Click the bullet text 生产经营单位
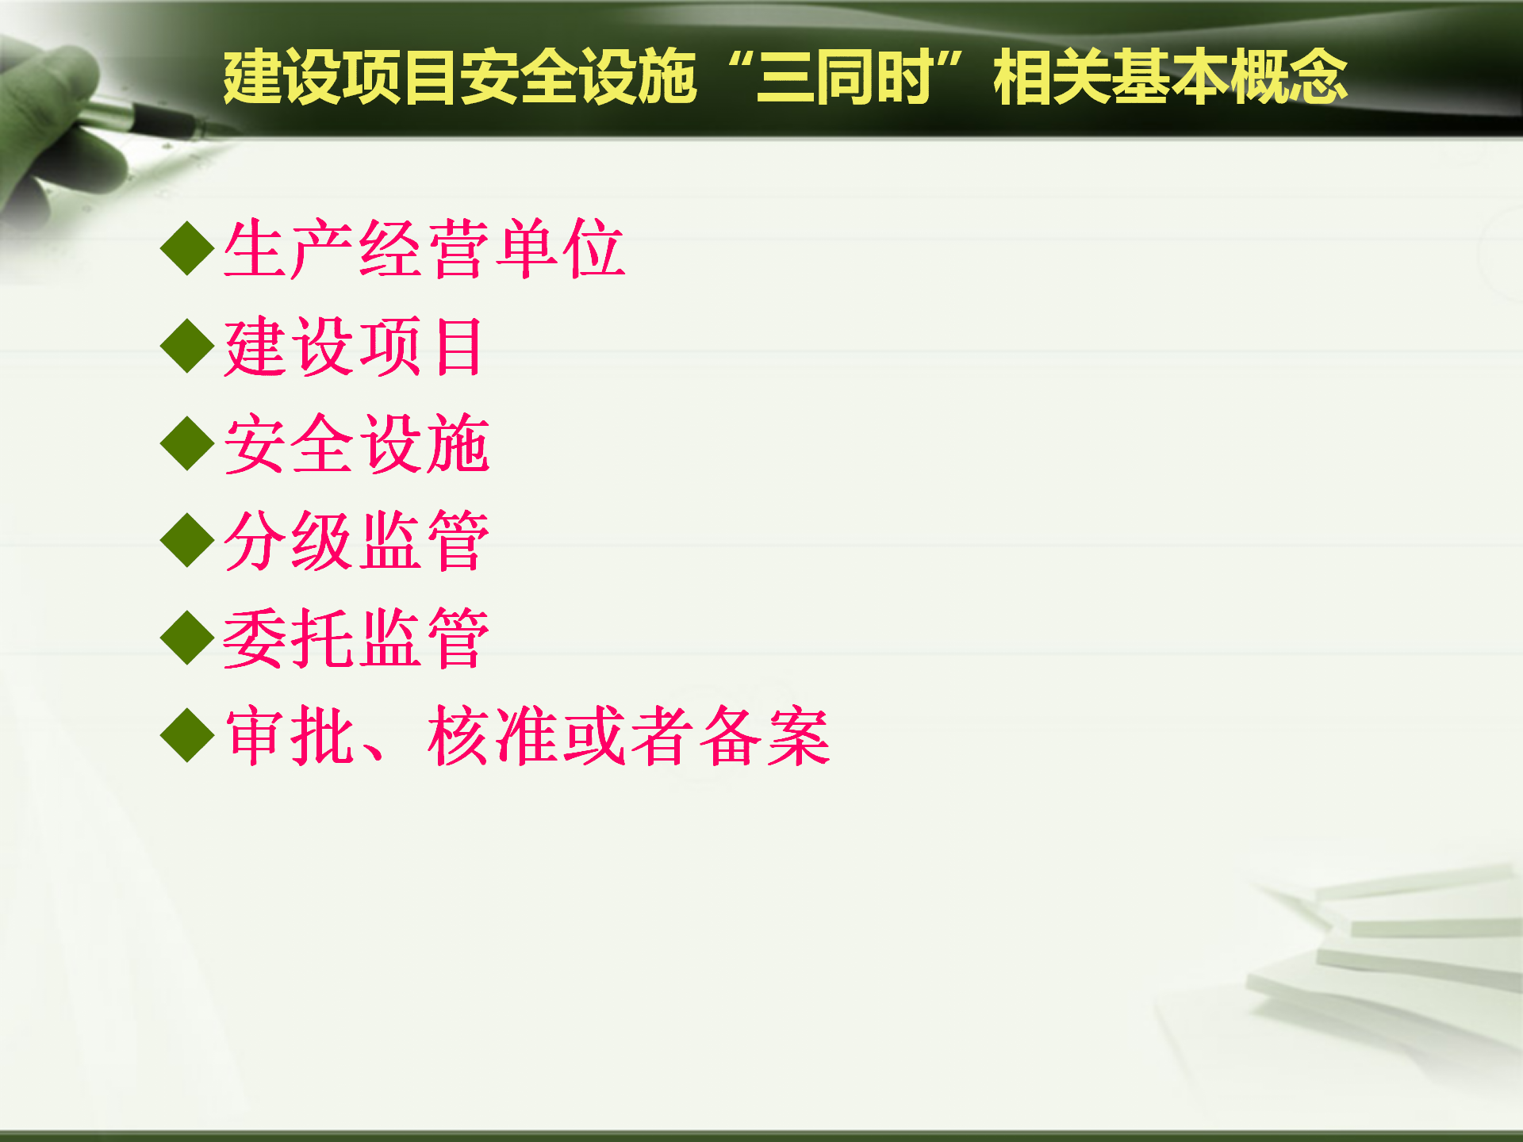coord(424,249)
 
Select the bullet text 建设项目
coord(354,347)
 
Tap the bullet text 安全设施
coord(357,443)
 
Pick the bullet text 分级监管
coord(357,541)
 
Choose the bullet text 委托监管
coord(357,638)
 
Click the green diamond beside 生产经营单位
coord(187,249)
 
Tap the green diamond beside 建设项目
coord(187,347)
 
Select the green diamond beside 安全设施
coord(187,443)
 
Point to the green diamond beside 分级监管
coord(187,541)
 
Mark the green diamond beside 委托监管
coord(187,638)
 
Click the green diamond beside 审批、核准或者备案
coord(187,736)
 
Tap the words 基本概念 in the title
coord(1230,77)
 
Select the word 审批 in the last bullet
coord(290,736)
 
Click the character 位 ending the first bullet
coord(593,249)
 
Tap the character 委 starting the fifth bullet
coord(256,638)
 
